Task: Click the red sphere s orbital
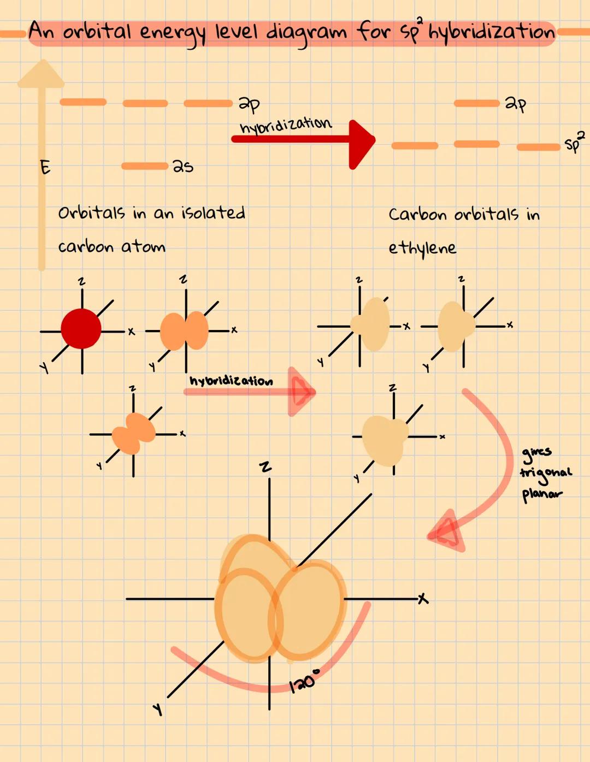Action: (81, 329)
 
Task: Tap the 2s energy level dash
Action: (145, 166)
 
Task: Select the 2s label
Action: (182, 166)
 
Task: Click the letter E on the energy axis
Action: (45, 167)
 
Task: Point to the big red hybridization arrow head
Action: (361, 144)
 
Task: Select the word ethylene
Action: (422, 249)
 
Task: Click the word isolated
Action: (213, 212)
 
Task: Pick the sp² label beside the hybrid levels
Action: (574, 141)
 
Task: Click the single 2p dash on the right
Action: (476, 103)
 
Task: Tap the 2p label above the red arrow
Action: (249, 103)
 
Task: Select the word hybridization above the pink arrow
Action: (231, 381)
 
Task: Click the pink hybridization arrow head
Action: (301, 392)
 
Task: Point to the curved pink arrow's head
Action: (445, 531)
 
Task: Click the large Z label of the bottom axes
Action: (265, 467)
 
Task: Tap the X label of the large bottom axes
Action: (423, 599)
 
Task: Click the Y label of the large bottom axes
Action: (158, 710)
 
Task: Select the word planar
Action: (541, 495)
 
